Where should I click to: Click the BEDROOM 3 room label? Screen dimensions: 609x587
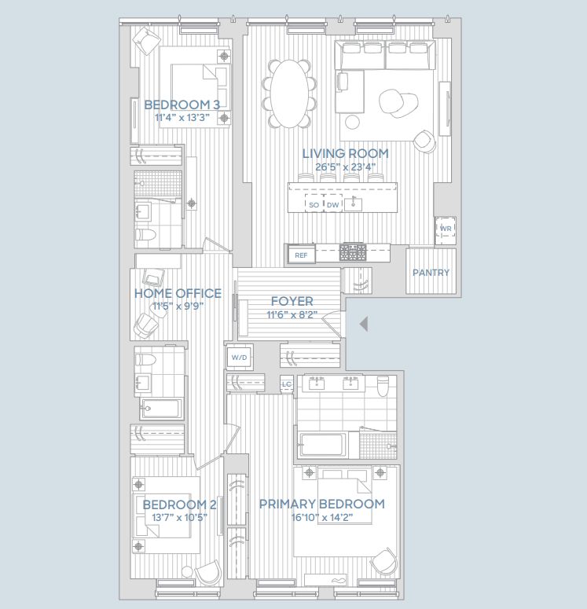pyautogui.click(x=182, y=105)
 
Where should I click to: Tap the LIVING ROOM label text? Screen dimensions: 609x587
pyautogui.click(x=340, y=153)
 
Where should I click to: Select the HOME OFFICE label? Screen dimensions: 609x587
pyautogui.click(x=178, y=293)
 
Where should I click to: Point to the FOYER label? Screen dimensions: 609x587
pyautogui.click(x=292, y=301)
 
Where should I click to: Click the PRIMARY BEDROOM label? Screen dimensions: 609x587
pyautogui.click(x=322, y=504)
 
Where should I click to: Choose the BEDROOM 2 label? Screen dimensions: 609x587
pyautogui.click(x=179, y=504)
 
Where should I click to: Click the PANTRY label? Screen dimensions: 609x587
pyautogui.click(x=431, y=273)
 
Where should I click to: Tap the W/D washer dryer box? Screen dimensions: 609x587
pyautogui.click(x=239, y=358)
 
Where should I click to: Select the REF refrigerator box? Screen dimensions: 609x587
pyautogui.click(x=300, y=255)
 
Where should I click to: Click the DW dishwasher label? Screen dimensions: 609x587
pyautogui.click(x=333, y=205)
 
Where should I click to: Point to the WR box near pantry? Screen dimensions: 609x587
pyautogui.click(x=446, y=229)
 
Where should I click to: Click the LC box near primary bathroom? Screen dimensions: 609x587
pyautogui.click(x=287, y=384)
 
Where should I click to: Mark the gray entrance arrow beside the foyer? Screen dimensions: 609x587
pyautogui.click(x=362, y=324)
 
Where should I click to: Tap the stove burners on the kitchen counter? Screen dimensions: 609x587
pyautogui.click(x=352, y=252)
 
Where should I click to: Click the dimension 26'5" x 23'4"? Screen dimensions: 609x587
pyautogui.click(x=339, y=167)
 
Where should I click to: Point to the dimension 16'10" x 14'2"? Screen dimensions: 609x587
pyautogui.click(x=322, y=517)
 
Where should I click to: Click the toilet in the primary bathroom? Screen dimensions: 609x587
pyautogui.click(x=383, y=386)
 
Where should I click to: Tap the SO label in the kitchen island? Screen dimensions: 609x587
pyautogui.click(x=314, y=205)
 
